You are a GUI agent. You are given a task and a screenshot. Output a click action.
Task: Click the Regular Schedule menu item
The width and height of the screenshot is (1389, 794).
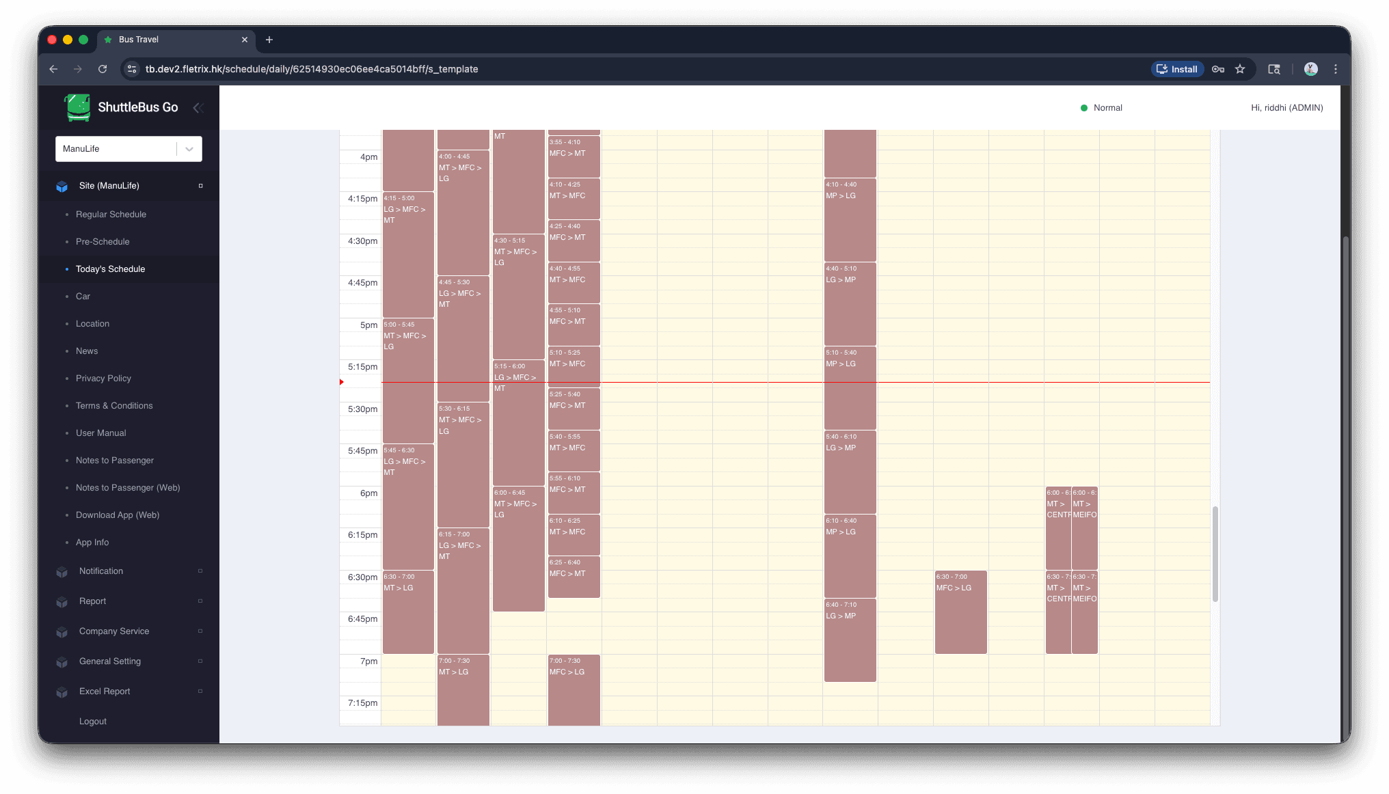click(111, 215)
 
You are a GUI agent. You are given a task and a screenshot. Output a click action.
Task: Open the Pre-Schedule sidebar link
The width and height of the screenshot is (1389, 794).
click(103, 242)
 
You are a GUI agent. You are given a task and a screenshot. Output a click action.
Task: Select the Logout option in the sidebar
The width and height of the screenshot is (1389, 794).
click(93, 722)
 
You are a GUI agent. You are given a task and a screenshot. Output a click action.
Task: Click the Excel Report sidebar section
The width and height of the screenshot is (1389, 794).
click(105, 692)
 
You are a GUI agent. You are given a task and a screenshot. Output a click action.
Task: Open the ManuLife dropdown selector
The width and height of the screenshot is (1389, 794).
click(129, 149)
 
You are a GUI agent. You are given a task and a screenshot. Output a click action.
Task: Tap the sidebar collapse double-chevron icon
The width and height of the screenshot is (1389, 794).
click(198, 108)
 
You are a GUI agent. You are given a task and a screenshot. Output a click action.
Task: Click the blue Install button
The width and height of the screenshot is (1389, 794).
click(1177, 69)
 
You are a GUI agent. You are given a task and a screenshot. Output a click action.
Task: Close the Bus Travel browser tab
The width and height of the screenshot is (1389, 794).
click(245, 40)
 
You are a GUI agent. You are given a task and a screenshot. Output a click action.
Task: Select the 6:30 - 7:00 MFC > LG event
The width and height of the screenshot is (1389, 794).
click(960, 612)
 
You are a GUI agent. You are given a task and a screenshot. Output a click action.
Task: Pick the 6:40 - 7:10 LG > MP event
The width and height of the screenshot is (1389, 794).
click(850, 640)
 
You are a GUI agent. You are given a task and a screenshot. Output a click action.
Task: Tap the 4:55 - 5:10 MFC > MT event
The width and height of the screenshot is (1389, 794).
click(574, 325)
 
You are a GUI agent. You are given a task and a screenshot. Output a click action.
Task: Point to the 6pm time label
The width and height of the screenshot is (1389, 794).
click(368, 493)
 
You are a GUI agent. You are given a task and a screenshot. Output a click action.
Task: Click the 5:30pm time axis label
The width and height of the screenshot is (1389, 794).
click(362, 409)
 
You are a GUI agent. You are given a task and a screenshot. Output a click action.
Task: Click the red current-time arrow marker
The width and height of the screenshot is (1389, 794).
click(342, 382)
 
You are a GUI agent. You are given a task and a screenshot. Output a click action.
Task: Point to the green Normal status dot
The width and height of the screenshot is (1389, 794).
click(1083, 108)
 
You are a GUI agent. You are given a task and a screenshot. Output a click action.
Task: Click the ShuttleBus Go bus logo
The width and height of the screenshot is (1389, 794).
click(78, 107)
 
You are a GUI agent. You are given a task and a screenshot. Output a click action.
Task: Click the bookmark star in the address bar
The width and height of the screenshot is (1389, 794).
click(1240, 69)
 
